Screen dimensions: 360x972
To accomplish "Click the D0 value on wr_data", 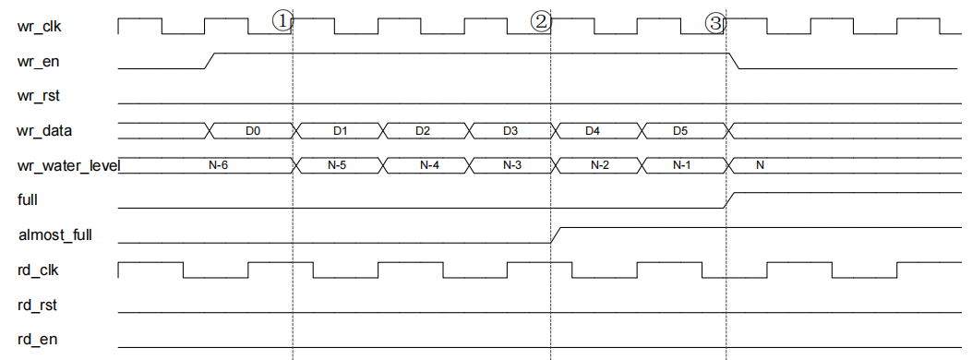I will click(x=252, y=131).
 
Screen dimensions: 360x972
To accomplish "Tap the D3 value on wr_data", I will click(x=510, y=131).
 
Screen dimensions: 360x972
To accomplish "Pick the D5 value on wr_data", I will click(x=680, y=131).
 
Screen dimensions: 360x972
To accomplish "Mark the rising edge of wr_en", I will click(x=210, y=61).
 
